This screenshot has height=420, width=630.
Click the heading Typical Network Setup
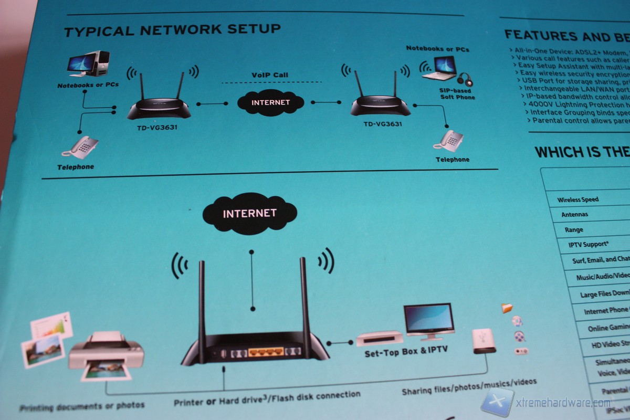[x=172, y=30]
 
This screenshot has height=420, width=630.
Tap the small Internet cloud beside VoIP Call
[x=270, y=102]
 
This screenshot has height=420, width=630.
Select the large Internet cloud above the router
[x=249, y=213]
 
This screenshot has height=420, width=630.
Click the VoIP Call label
[x=270, y=75]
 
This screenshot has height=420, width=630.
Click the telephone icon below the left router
[x=80, y=147]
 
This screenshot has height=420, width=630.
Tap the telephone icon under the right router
[x=451, y=141]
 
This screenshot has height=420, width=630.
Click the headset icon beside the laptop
[x=465, y=80]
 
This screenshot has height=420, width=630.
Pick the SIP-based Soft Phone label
[x=457, y=94]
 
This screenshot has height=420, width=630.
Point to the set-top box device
[x=380, y=338]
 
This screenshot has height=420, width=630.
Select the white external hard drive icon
[x=482, y=340]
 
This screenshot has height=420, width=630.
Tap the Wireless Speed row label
[x=577, y=199]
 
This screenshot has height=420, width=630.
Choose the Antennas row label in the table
[x=574, y=215]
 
